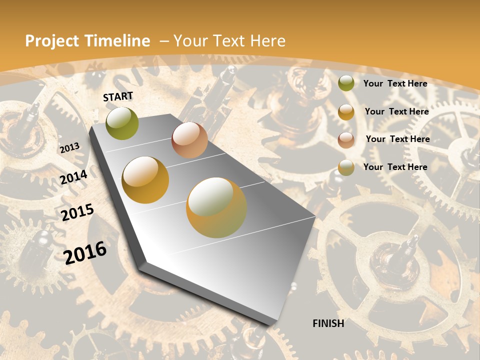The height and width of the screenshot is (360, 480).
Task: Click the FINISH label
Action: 328,323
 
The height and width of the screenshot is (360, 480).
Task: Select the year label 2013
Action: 69,148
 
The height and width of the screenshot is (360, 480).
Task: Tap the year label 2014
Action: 74,177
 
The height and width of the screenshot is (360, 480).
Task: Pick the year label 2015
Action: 77,212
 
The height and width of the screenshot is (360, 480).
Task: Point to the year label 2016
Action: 85,252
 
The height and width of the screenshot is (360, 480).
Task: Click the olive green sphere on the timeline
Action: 122,123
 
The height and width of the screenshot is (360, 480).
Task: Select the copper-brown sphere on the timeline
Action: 189,140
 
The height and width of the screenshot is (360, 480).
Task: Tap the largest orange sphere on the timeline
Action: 216,207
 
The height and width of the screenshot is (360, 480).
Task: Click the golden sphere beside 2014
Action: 145,180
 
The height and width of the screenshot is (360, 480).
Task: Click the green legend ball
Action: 346,83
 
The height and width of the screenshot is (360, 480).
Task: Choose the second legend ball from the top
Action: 346,111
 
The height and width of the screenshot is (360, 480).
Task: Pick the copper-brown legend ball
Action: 346,139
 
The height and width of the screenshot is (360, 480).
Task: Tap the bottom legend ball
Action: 346,167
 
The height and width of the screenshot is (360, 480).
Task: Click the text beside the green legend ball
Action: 395,83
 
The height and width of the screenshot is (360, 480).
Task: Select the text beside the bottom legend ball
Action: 395,167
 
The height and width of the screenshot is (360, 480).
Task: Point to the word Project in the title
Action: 53,41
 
